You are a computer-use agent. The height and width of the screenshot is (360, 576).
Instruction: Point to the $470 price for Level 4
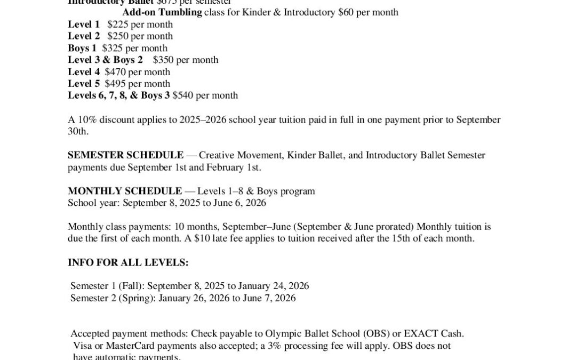click(x=115, y=72)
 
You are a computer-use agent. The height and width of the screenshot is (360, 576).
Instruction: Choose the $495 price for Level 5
click(x=115, y=84)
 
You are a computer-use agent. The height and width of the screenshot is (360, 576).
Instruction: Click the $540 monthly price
click(x=183, y=95)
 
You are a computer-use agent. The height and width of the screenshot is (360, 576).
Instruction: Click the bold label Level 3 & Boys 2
click(x=105, y=60)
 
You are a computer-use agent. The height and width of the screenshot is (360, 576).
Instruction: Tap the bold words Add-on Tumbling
click(x=162, y=12)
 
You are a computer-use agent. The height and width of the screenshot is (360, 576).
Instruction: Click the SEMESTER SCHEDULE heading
click(x=125, y=155)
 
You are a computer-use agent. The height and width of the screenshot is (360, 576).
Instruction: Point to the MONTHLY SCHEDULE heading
click(x=125, y=191)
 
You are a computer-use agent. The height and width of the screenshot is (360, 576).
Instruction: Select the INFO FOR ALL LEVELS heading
click(x=128, y=262)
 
